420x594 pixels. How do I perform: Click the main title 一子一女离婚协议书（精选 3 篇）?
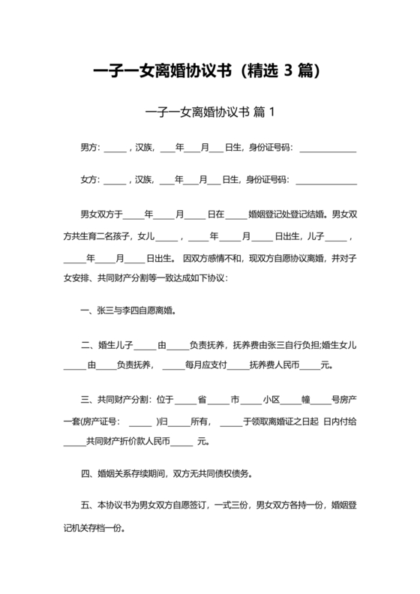pyautogui.click(x=209, y=72)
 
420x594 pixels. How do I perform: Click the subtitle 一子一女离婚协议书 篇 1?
pyautogui.click(x=209, y=112)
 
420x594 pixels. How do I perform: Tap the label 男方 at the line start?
pyautogui.click(x=88, y=147)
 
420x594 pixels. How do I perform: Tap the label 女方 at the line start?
pyautogui.click(x=88, y=180)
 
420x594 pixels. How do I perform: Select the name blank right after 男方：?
pyautogui.click(x=115, y=147)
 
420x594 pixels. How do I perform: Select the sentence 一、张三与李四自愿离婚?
pyautogui.click(x=128, y=309)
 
